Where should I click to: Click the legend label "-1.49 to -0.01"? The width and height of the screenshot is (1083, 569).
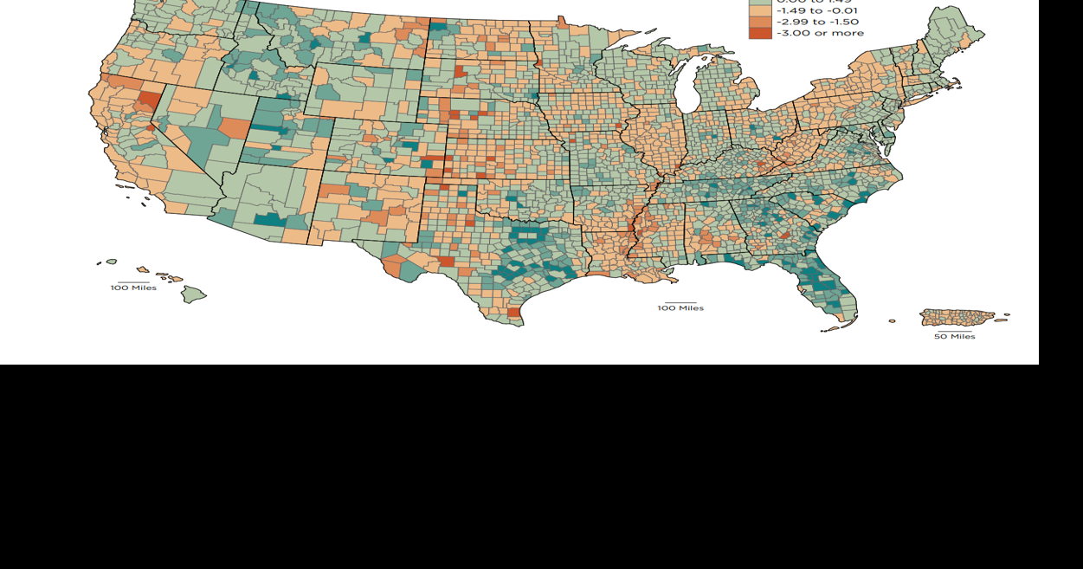click(x=816, y=10)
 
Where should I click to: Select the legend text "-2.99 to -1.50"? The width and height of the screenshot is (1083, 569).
click(x=817, y=22)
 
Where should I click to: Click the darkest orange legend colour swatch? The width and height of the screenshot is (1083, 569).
click(x=759, y=33)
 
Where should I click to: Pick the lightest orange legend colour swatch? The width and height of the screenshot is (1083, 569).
click(x=759, y=10)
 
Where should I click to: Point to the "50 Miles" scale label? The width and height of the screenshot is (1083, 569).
click(x=954, y=337)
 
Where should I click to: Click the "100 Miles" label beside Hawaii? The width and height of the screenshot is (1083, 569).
click(x=133, y=288)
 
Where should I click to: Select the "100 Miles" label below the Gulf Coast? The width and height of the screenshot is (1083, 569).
click(x=680, y=308)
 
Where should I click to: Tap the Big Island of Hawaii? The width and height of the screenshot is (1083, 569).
click(x=194, y=294)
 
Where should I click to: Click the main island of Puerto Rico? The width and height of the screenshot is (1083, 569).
click(x=956, y=318)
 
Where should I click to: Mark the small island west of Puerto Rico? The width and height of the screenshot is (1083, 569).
click(x=893, y=321)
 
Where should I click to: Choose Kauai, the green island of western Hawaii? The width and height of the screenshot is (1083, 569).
click(x=111, y=262)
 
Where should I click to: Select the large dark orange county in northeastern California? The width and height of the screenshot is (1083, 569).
click(x=148, y=99)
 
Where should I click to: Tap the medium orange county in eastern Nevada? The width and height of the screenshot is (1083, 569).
click(x=234, y=128)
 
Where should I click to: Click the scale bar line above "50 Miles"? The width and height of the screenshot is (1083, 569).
click(x=954, y=330)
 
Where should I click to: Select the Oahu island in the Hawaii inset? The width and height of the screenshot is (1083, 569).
click(x=143, y=269)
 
